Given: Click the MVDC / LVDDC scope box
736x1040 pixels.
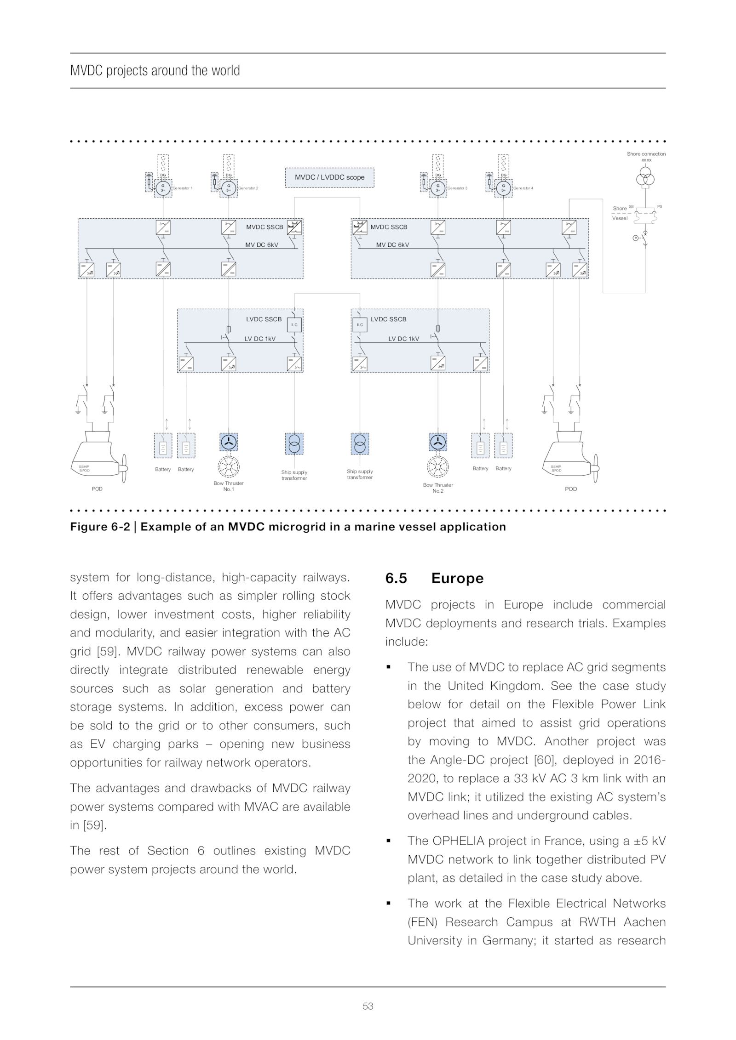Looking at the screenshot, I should pos(329,177).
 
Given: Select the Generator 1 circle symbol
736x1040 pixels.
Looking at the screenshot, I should pos(162,188).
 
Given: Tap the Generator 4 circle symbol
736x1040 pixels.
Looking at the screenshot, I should pos(504,188).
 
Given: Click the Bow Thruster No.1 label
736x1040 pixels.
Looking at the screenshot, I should pos(229,486).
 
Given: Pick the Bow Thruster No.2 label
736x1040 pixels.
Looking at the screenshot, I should pos(438,488).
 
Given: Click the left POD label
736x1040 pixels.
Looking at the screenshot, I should pos(97,489).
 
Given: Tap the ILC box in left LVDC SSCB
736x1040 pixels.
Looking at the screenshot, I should pos(294,325).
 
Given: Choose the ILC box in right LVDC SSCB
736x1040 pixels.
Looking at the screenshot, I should pos(360,325).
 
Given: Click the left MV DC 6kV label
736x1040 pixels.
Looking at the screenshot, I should pos(261,245).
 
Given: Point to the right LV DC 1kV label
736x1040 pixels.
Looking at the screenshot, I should pos(403,339).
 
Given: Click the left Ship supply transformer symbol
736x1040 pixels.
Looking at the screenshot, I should pos(294,443).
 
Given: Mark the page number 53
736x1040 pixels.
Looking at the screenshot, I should pos(368,1006).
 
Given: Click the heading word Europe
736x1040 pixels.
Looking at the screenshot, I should pos(457,578).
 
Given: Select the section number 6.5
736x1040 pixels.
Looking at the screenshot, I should pos(396,578).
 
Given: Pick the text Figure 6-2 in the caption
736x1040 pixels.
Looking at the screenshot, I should pos(100,527).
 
